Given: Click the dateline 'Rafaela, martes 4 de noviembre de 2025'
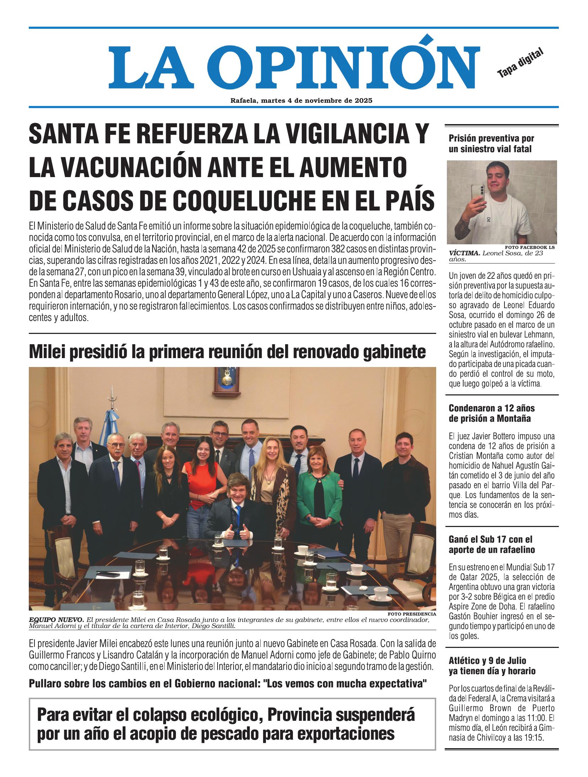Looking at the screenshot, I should click(301, 101).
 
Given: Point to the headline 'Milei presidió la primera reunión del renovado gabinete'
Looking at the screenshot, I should click(228, 352).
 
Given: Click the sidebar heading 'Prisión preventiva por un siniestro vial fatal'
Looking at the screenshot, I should click(491, 144).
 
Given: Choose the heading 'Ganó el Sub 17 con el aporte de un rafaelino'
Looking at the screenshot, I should click(491, 544).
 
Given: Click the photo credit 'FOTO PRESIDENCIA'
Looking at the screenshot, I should click(411, 614).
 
